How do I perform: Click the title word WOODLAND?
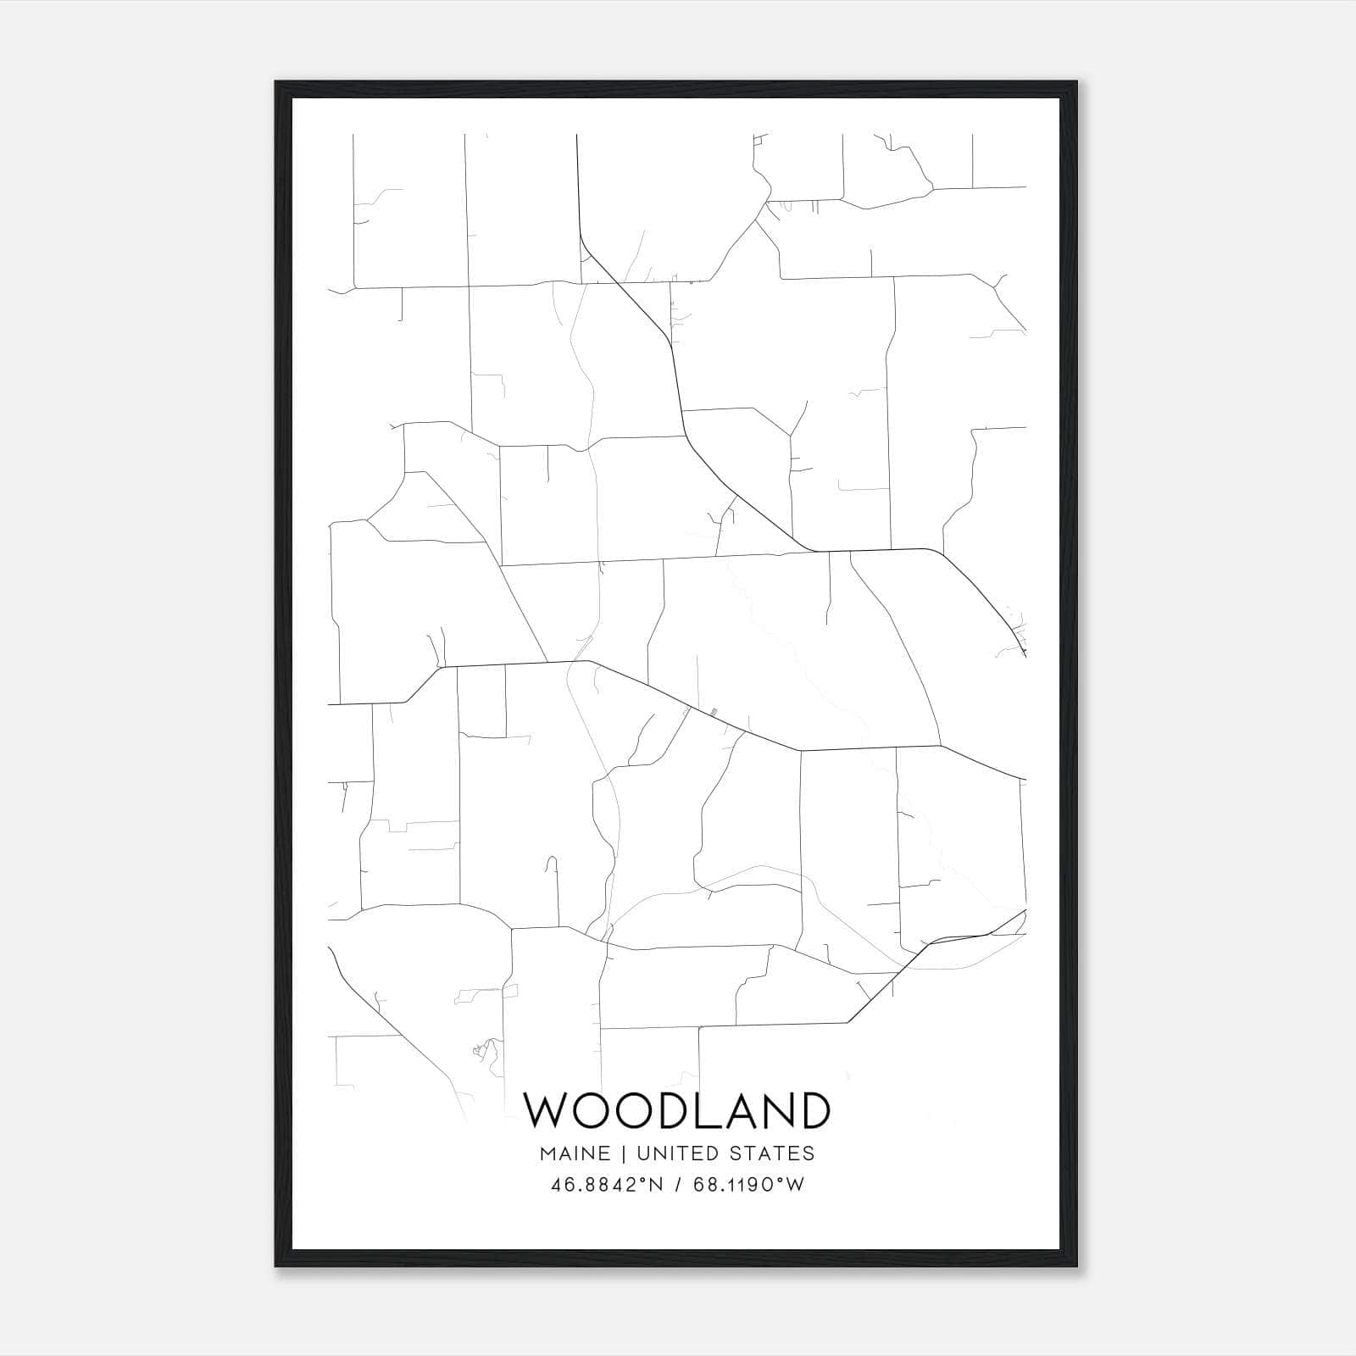677,1110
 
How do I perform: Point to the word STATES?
773,1153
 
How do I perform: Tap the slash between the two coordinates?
677,1185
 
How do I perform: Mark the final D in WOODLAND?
812,1110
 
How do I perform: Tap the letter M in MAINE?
547,1153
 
